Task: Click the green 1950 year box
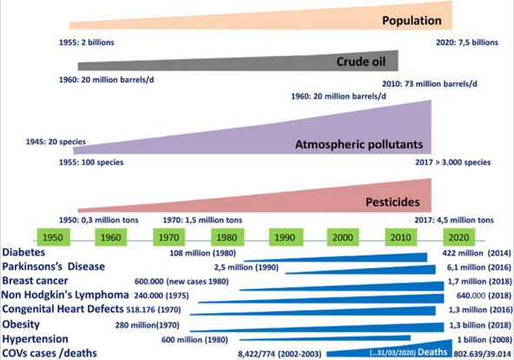tap(54, 237)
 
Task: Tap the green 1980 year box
tap(227, 237)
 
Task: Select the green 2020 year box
tap(459, 237)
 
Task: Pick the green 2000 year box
tap(343, 237)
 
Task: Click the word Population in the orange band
tap(412, 20)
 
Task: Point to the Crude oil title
tap(361, 62)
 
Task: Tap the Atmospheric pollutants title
tap(359, 145)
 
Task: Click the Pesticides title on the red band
tap(392, 202)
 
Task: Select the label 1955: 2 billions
tap(87, 43)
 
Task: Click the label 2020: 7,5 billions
tap(467, 43)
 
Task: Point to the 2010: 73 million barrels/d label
tap(430, 84)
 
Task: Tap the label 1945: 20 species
tap(56, 142)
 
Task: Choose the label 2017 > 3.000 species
tap(453, 162)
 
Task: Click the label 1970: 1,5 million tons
tap(202, 220)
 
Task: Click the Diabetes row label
tap(23, 252)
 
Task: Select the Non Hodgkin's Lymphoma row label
tap(65, 295)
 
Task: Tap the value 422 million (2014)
tap(477, 253)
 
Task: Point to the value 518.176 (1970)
tap(154, 310)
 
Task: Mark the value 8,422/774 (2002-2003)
tap(280, 354)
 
